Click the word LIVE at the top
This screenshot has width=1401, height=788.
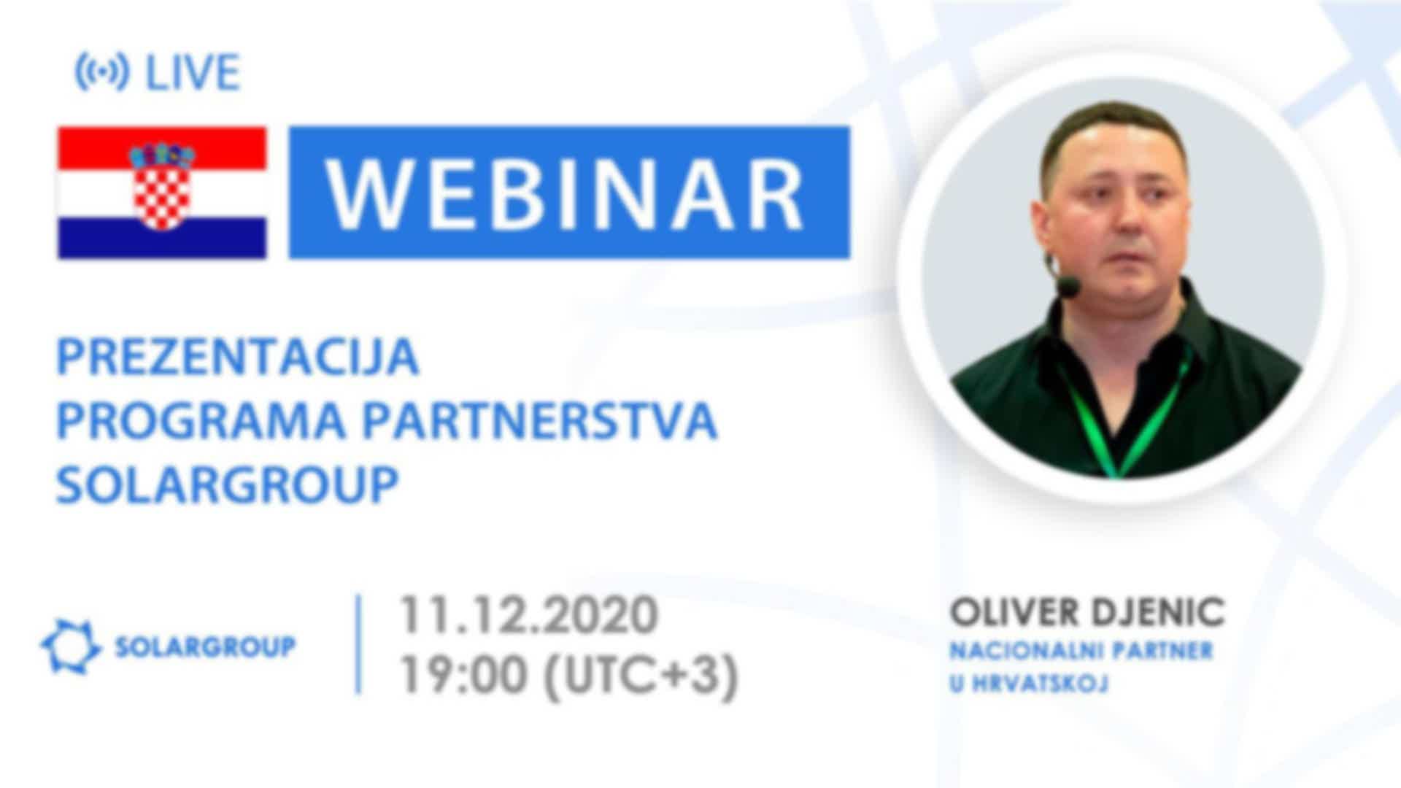point(193,72)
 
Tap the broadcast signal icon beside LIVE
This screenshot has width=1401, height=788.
point(102,72)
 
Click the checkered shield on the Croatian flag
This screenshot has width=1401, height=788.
point(162,191)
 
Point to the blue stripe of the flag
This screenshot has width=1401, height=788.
point(162,238)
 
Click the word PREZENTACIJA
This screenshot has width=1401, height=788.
point(238,358)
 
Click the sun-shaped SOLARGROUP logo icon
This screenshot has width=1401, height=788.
point(70,646)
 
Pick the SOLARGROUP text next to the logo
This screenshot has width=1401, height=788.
point(206,646)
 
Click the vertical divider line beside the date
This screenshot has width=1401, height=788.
point(358,645)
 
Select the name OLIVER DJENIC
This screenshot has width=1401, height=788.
point(1087,613)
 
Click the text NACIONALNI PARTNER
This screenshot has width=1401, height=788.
point(1081,650)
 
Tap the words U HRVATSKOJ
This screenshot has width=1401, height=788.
point(1029,684)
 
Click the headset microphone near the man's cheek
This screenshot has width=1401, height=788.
point(1068,285)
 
